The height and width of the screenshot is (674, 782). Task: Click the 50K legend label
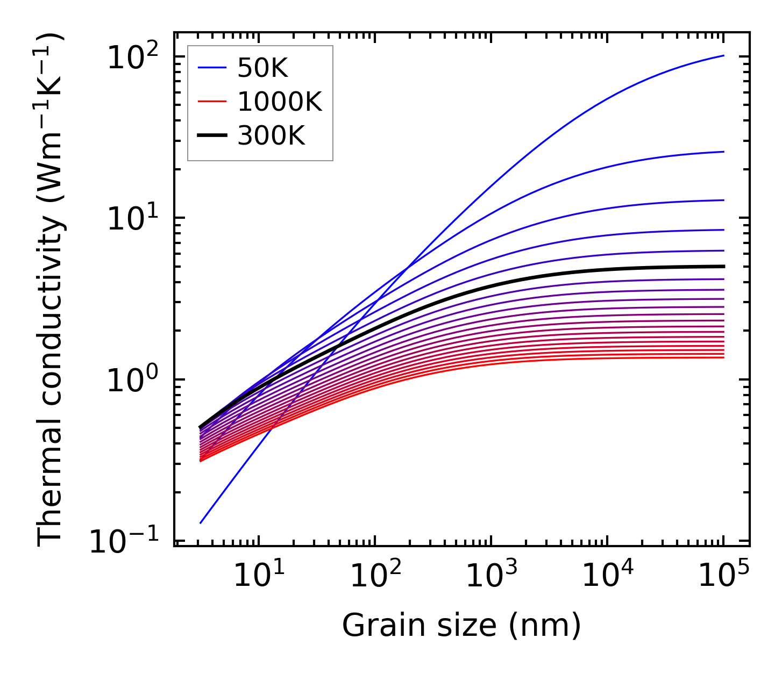[x=262, y=68]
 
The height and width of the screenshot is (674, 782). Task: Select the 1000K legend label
[x=279, y=102]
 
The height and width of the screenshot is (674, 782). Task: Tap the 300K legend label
[x=271, y=136]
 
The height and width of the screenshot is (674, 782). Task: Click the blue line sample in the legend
[x=212, y=68]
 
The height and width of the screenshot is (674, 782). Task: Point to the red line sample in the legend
[x=212, y=102]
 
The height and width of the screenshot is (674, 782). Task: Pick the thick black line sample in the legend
[x=212, y=136]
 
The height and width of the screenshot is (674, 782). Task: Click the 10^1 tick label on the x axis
[x=258, y=575]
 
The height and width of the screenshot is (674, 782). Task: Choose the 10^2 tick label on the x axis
[x=375, y=575]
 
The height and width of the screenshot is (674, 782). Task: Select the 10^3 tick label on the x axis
[x=491, y=575]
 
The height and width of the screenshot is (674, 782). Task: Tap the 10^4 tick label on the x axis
[x=608, y=575]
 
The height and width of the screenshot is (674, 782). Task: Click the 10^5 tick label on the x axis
[x=724, y=575]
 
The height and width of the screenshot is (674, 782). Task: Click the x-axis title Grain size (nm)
[x=461, y=625]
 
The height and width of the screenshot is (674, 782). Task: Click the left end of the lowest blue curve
[x=200, y=522]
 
